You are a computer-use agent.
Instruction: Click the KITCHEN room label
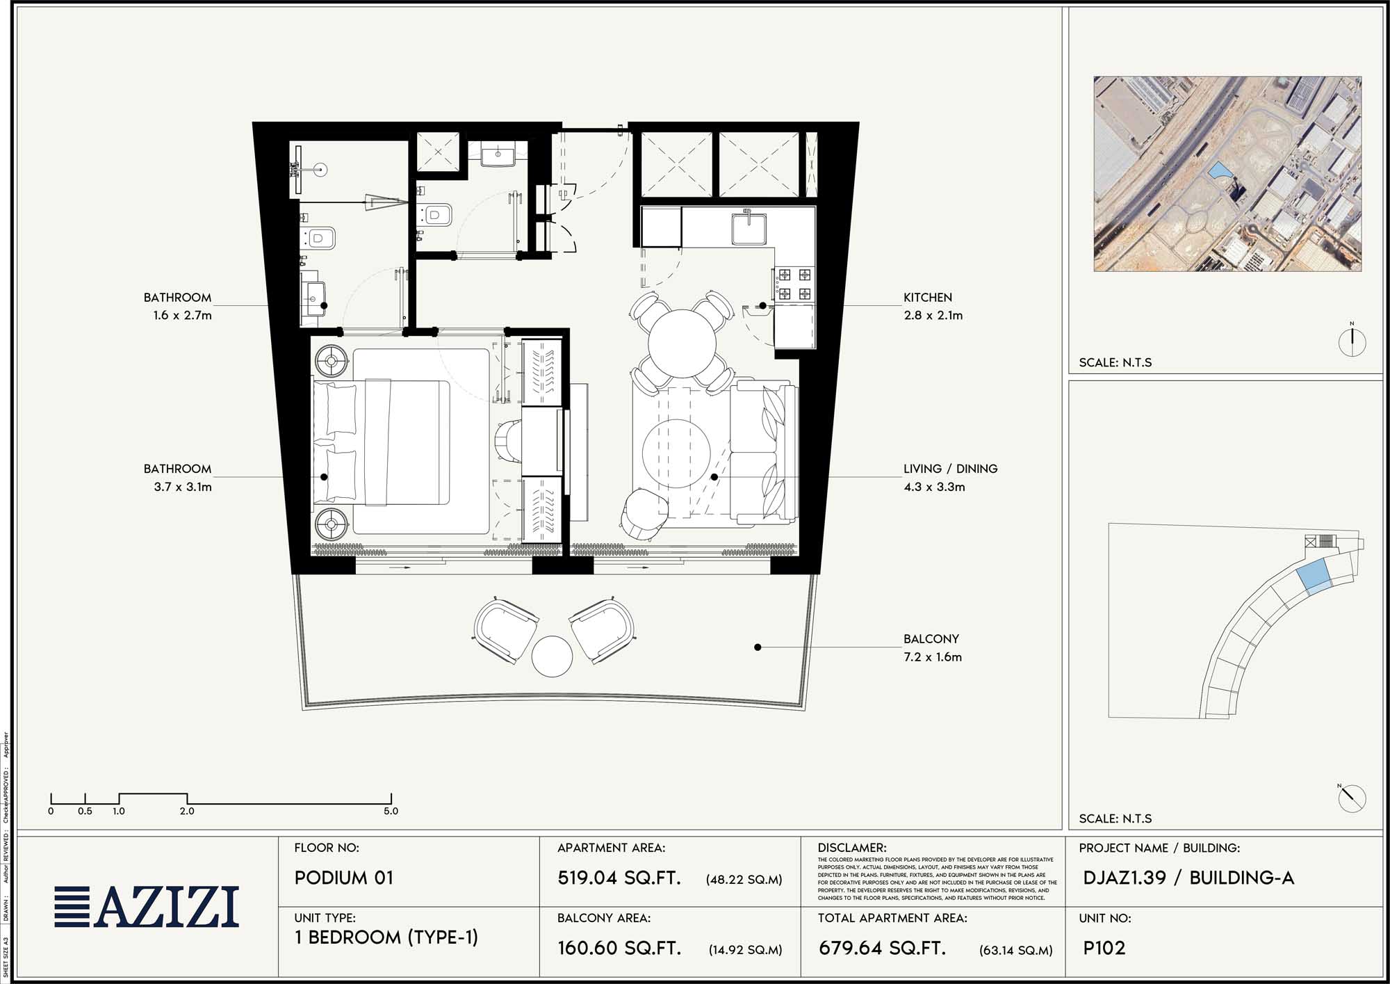point(927,298)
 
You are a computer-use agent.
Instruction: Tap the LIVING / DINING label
point(950,469)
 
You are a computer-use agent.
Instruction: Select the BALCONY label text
point(931,639)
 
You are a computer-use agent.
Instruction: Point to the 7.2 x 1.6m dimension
point(932,657)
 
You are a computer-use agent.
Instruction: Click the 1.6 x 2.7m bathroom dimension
point(182,316)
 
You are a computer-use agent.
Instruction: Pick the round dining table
point(682,344)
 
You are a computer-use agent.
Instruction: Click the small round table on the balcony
point(552,656)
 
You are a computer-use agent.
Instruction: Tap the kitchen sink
point(749,229)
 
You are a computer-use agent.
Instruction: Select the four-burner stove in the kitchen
point(794,284)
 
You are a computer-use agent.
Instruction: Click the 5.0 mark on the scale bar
point(391,811)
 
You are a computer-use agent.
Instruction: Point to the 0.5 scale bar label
point(85,811)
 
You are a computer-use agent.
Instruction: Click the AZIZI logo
point(147,907)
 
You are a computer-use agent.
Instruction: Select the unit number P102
point(1104,948)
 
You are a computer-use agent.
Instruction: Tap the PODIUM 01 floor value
point(343,878)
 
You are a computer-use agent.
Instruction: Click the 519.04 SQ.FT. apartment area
point(619,878)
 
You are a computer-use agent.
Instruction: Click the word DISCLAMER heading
point(851,848)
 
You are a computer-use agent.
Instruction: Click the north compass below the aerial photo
point(1352,342)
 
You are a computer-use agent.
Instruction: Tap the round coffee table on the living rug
point(675,454)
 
